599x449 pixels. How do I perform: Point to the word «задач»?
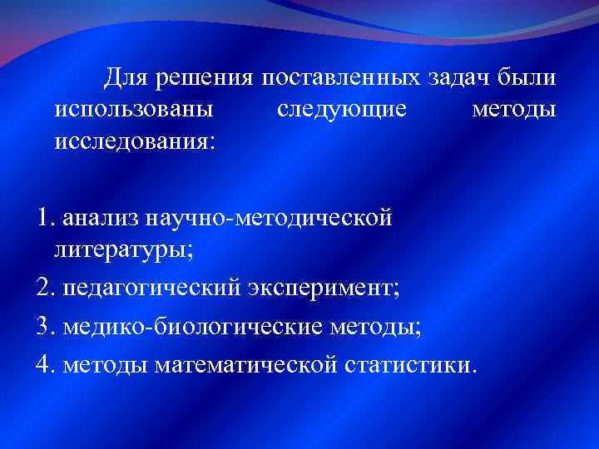pyautogui.click(x=459, y=80)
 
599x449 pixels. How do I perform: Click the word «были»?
pyautogui.click(x=527, y=80)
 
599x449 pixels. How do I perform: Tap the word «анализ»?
pyautogui.click(x=101, y=219)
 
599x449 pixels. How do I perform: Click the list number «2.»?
pyautogui.click(x=46, y=288)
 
